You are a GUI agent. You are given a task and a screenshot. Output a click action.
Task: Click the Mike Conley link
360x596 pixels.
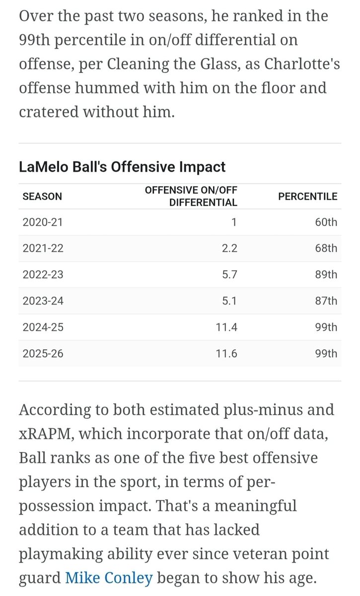tap(109, 578)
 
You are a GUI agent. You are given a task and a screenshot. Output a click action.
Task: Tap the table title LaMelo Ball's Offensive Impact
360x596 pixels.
tap(122, 167)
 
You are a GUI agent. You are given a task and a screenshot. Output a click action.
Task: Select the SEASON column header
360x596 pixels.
tap(42, 196)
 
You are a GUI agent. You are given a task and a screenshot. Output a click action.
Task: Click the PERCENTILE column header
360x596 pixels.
tap(307, 196)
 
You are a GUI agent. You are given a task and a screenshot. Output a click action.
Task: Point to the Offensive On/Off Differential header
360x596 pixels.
tap(191, 196)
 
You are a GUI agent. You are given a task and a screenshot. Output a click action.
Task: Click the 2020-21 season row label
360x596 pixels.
tap(43, 222)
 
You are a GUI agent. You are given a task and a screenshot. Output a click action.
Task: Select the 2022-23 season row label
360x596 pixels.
tap(43, 275)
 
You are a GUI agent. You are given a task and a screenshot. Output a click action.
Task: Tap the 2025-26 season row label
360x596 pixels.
tap(43, 354)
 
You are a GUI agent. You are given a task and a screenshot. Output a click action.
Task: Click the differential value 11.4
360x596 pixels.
tap(226, 327)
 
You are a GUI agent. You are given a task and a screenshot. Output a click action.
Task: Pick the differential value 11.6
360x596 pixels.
tap(226, 354)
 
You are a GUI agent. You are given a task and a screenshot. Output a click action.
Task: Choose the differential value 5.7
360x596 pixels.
tap(229, 275)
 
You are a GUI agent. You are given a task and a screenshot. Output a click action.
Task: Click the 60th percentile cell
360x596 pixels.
tap(326, 222)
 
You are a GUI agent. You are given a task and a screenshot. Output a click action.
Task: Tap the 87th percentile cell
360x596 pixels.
tap(326, 301)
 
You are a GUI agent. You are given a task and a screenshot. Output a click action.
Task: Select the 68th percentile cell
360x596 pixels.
tap(326, 248)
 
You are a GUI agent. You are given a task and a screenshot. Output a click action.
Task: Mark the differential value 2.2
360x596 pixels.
tap(229, 248)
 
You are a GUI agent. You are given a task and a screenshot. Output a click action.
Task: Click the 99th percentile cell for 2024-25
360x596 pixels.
tap(326, 327)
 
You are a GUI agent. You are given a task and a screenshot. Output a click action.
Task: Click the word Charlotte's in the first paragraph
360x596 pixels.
tap(302, 64)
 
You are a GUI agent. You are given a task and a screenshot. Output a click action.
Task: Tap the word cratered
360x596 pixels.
tap(49, 112)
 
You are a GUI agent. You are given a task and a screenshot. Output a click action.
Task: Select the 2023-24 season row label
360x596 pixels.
tap(43, 301)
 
